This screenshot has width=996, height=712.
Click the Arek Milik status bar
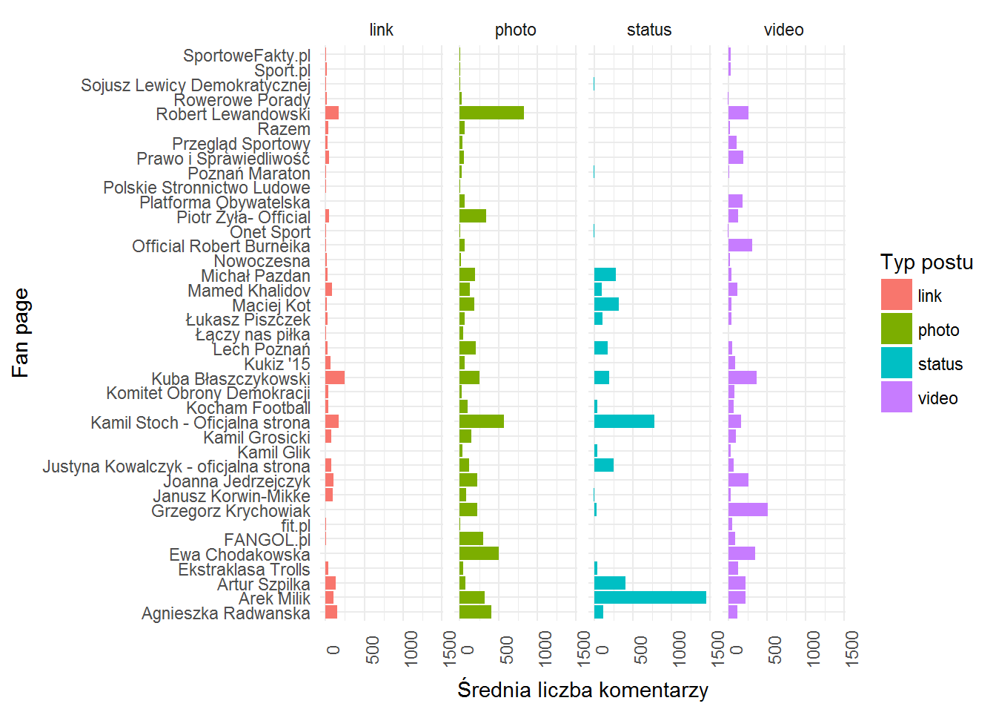pyautogui.click(x=650, y=598)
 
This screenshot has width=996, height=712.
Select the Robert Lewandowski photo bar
pyautogui.click(x=492, y=113)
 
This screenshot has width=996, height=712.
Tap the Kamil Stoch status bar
pyautogui.click(x=624, y=421)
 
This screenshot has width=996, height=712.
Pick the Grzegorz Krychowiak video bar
pyautogui.click(x=748, y=510)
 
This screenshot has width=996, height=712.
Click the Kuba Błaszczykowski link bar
pyautogui.click(x=335, y=378)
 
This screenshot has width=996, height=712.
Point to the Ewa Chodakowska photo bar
pyautogui.click(x=479, y=553)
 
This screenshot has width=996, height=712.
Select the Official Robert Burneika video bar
pyautogui.click(x=740, y=245)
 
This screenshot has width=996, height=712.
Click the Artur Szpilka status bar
pyautogui.click(x=610, y=583)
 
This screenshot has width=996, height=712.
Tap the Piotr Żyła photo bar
pyautogui.click(x=473, y=216)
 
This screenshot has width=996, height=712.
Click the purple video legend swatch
pyautogui.click(x=897, y=397)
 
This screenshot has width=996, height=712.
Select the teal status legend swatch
pyautogui.click(x=897, y=363)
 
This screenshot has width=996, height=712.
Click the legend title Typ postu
pyautogui.click(x=926, y=262)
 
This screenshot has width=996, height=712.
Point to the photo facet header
pyautogui.click(x=516, y=30)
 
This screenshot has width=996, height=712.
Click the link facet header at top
pyautogui.click(x=382, y=30)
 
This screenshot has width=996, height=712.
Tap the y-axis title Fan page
pyautogui.click(x=21, y=333)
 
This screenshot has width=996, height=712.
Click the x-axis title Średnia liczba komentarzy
pyautogui.click(x=582, y=690)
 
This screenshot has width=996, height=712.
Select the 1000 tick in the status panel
pyautogui.click(x=680, y=649)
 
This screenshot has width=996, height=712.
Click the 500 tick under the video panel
pyautogui.click(x=775, y=650)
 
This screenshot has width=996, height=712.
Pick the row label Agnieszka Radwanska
pyautogui.click(x=226, y=613)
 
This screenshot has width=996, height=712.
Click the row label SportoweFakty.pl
pyautogui.click(x=247, y=56)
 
